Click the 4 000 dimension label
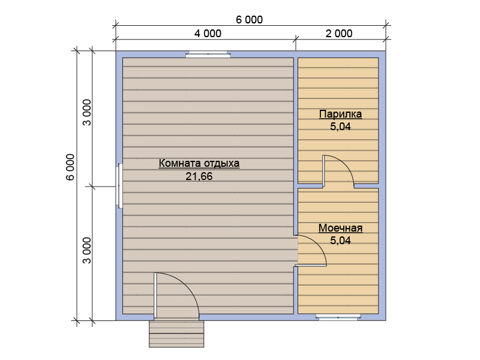pyautogui.click(x=208, y=34)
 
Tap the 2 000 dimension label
pyautogui.click(x=339, y=34)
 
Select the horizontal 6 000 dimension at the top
pyautogui.click(x=249, y=20)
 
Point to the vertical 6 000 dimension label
pyautogui.click(x=70, y=167)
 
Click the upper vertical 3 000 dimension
pyautogui.click(x=87, y=112)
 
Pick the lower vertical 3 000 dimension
pyautogui.click(x=87, y=250)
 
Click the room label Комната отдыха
pyautogui.click(x=199, y=163)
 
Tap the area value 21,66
pyautogui.click(x=199, y=176)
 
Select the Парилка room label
pyautogui.click(x=340, y=114)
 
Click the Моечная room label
pyautogui.click(x=340, y=228)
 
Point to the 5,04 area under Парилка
pyautogui.click(x=340, y=127)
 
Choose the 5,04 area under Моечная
pyautogui.click(x=340, y=241)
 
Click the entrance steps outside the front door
pyautogui.click(x=176, y=334)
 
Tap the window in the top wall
pyautogui.click(x=208, y=55)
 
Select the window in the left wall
pyautogui.click(x=119, y=186)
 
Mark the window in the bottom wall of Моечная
pyautogui.click(x=338, y=317)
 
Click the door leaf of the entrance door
pyautogui.click(x=155, y=295)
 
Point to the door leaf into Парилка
pyautogui.click(x=323, y=171)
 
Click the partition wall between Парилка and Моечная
pyautogui.click(x=338, y=186)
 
